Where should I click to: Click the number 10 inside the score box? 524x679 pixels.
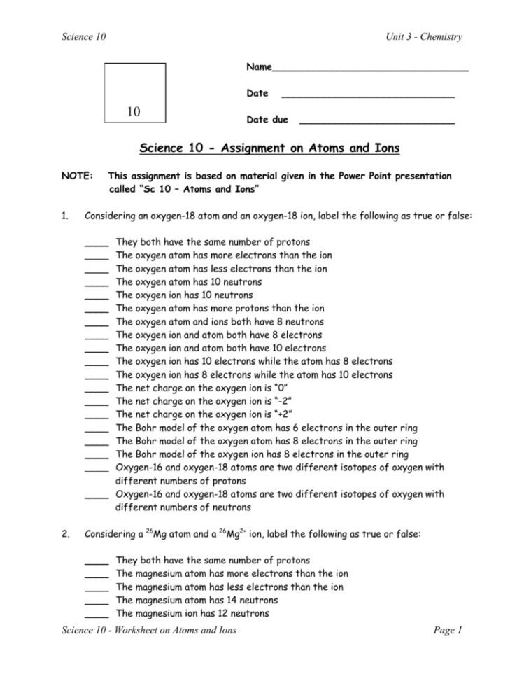click(x=134, y=112)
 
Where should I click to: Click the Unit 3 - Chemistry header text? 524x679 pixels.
click(x=423, y=37)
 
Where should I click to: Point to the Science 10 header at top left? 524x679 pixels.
click(x=83, y=37)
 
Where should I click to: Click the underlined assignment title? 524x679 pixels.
click(x=269, y=148)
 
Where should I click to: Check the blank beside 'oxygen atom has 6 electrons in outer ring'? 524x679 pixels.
click(x=97, y=429)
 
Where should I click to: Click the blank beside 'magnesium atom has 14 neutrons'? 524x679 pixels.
click(x=97, y=601)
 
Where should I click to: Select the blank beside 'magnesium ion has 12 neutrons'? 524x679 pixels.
click(x=97, y=615)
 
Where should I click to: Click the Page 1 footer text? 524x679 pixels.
click(x=448, y=631)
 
